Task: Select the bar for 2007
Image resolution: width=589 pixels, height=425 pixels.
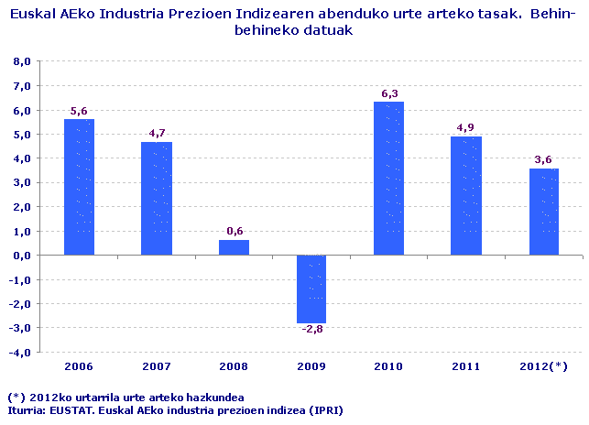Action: [157, 198]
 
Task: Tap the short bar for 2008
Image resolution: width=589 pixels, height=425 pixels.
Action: [235, 247]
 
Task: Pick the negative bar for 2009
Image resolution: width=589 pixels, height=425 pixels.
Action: [311, 289]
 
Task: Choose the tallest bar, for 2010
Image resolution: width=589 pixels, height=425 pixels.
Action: [389, 179]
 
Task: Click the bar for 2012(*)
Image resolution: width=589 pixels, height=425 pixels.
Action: [544, 212]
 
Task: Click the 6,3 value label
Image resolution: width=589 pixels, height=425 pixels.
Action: [389, 93]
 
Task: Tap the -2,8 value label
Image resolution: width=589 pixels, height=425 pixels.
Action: [311, 330]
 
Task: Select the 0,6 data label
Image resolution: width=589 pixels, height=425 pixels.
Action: [235, 232]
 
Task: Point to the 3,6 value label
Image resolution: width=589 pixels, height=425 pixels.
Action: [544, 159]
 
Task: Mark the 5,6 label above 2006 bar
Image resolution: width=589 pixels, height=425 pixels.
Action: [79, 111]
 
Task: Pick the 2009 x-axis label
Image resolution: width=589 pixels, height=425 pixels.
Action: [311, 366]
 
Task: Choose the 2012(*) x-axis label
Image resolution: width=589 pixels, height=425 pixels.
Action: [544, 366]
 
